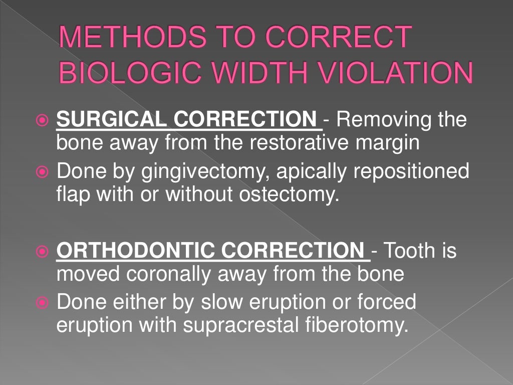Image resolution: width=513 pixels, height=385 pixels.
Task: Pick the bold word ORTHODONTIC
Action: coord(130,250)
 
